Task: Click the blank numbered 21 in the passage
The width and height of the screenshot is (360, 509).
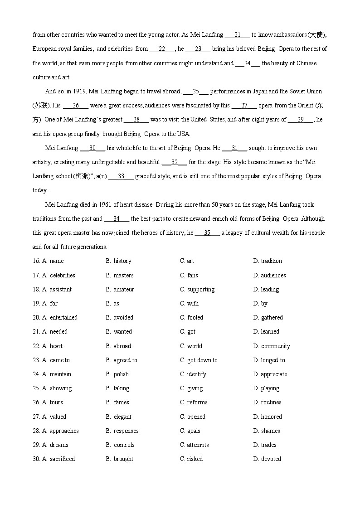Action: click(238, 35)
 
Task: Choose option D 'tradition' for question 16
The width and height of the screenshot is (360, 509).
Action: click(271, 261)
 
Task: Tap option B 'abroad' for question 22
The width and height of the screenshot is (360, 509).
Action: click(122, 346)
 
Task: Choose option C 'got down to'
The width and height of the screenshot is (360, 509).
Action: click(202, 360)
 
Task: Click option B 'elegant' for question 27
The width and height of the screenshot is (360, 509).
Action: click(122, 417)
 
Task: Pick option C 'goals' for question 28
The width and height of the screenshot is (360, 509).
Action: click(194, 431)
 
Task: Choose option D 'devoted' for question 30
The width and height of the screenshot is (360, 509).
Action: click(271, 459)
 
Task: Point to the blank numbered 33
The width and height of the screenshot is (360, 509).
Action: click(121, 176)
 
